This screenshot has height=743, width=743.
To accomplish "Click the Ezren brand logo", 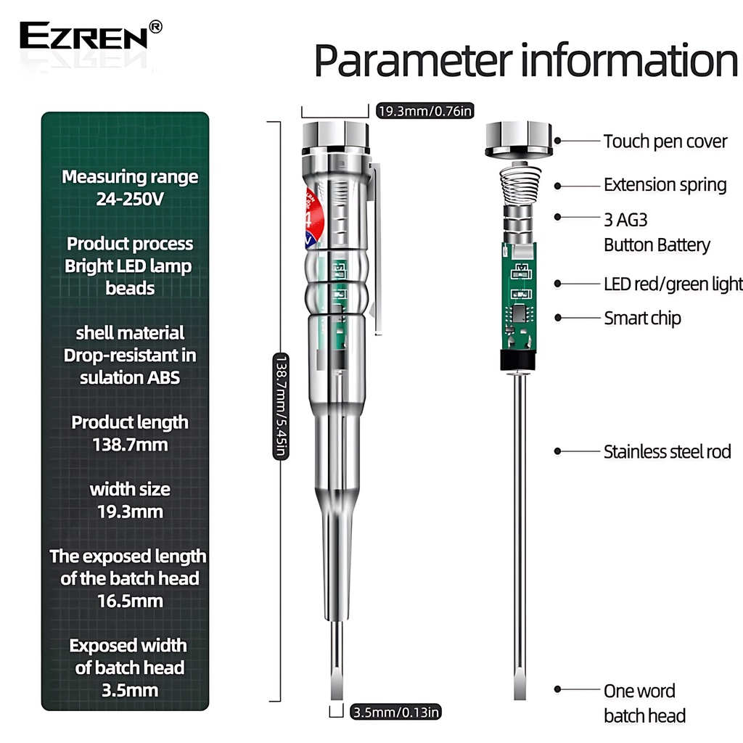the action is (83, 35).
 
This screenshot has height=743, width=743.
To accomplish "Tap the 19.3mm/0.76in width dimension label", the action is (426, 111).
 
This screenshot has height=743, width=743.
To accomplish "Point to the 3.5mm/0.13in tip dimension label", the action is (395, 712).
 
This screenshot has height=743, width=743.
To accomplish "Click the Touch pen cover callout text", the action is (665, 141).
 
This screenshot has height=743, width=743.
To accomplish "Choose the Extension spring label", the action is (665, 185).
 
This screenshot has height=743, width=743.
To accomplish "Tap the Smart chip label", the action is (642, 318).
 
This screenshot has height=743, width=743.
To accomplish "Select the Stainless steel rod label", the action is (667, 452).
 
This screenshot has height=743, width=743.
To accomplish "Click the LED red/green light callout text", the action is (673, 284).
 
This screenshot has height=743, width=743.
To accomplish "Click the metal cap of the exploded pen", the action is (518, 139).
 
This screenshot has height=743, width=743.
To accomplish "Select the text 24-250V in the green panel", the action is (130, 199).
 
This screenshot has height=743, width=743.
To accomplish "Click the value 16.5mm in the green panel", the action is (130, 601).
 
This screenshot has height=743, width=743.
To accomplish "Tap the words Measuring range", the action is (130, 176).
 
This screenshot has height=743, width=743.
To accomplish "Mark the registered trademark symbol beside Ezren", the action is (155, 26).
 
